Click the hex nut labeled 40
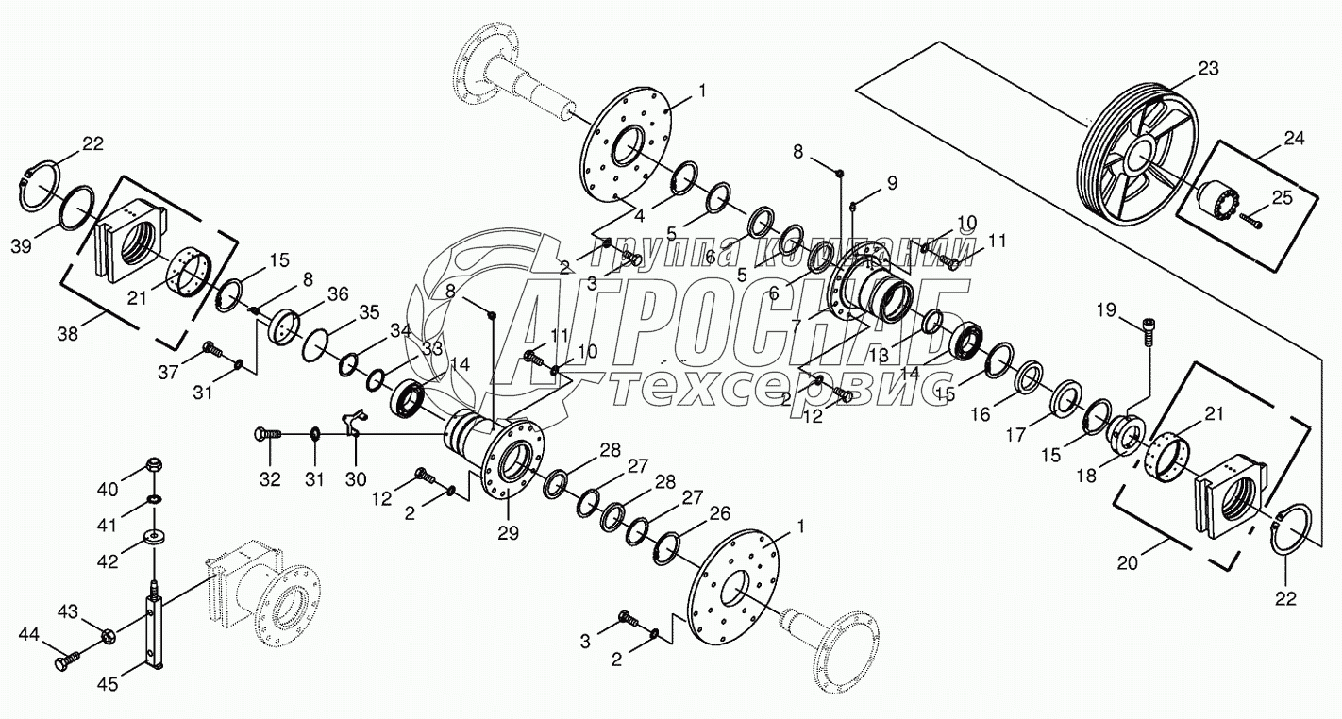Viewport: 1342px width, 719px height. pyautogui.click(x=153, y=466)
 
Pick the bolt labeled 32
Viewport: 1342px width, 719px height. pyautogui.click(x=267, y=433)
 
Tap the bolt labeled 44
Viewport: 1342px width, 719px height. pyautogui.click(x=69, y=663)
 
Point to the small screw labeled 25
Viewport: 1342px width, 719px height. pyautogui.click(x=1252, y=223)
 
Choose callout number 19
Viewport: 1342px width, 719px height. pyautogui.click(x=1107, y=309)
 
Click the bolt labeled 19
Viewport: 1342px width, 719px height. pyautogui.click(x=1149, y=329)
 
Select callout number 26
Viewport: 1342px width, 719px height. pyautogui.click(x=721, y=514)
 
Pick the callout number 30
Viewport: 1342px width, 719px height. pyautogui.click(x=355, y=478)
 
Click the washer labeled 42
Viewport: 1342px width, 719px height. pyautogui.click(x=152, y=539)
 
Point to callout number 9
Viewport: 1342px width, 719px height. pyautogui.click(x=891, y=181)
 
